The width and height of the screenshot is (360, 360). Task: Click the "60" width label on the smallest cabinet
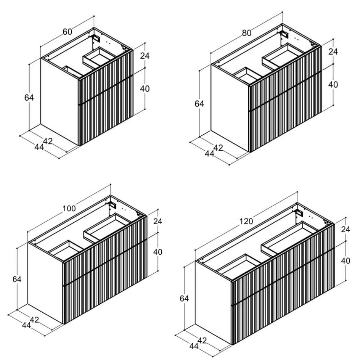coord(67,32)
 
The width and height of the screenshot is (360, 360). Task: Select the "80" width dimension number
coord(247,33)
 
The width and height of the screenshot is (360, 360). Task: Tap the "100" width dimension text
coord(69,209)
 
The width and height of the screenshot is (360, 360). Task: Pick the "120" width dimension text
coord(246,221)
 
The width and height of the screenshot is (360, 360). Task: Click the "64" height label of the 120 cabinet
coord(184,299)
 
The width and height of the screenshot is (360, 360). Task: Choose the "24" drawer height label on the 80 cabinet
coord(333,51)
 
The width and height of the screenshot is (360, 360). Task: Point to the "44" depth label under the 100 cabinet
coord(26,325)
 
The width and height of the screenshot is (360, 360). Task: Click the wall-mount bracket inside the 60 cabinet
coord(96,38)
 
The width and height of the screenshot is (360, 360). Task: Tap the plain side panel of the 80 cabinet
coord(230,108)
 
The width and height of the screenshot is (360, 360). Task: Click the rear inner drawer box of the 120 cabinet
coord(289,238)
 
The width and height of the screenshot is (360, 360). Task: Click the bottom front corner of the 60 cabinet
coord(79,146)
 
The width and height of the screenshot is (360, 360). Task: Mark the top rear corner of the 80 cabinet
coord(282,24)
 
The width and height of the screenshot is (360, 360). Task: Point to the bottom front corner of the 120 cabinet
coord(232,344)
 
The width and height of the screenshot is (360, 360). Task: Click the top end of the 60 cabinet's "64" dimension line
coord(29,64)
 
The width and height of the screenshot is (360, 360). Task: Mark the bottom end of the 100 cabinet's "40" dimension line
coord(158,271)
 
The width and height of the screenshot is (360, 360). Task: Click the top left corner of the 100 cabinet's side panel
coord(28,243)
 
